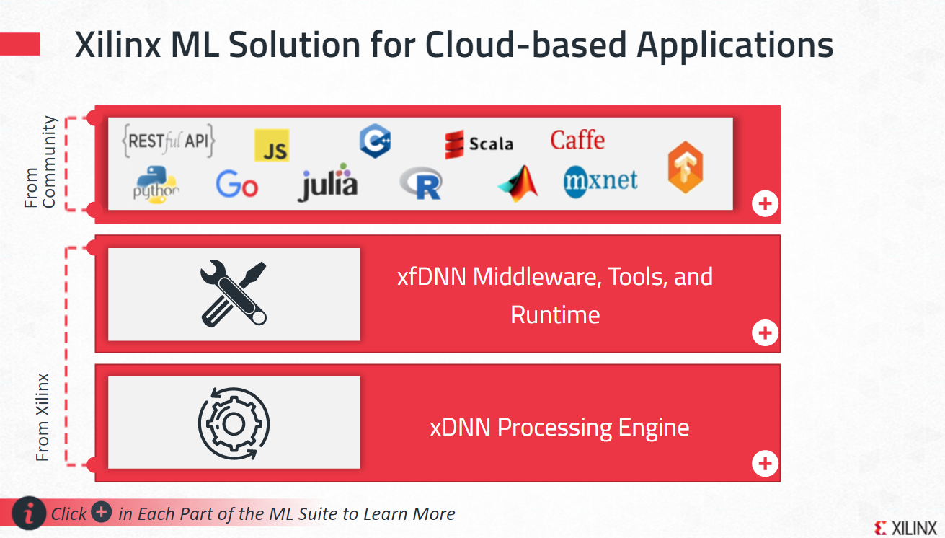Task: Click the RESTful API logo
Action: coord(169,141)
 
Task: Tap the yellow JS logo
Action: coord(272,146)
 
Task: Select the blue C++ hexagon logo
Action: coord(375,141)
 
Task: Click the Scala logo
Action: coord(479,144)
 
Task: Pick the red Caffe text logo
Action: coord(577,140)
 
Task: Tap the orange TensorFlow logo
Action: coord(685,167)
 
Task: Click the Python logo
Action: coord(156,185)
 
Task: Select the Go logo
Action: coord(236,185)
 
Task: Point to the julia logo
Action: coord(328,185)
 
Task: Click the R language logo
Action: coord(421,185)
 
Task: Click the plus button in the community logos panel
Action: coord(765,204)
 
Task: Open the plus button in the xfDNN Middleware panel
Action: coord(765,332)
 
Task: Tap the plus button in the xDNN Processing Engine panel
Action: coord(765,463)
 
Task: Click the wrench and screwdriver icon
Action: coord(234,294)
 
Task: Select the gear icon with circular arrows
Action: coord(234,423)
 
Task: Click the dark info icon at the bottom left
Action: coord(29,513)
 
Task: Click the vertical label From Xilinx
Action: coord(43,417)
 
